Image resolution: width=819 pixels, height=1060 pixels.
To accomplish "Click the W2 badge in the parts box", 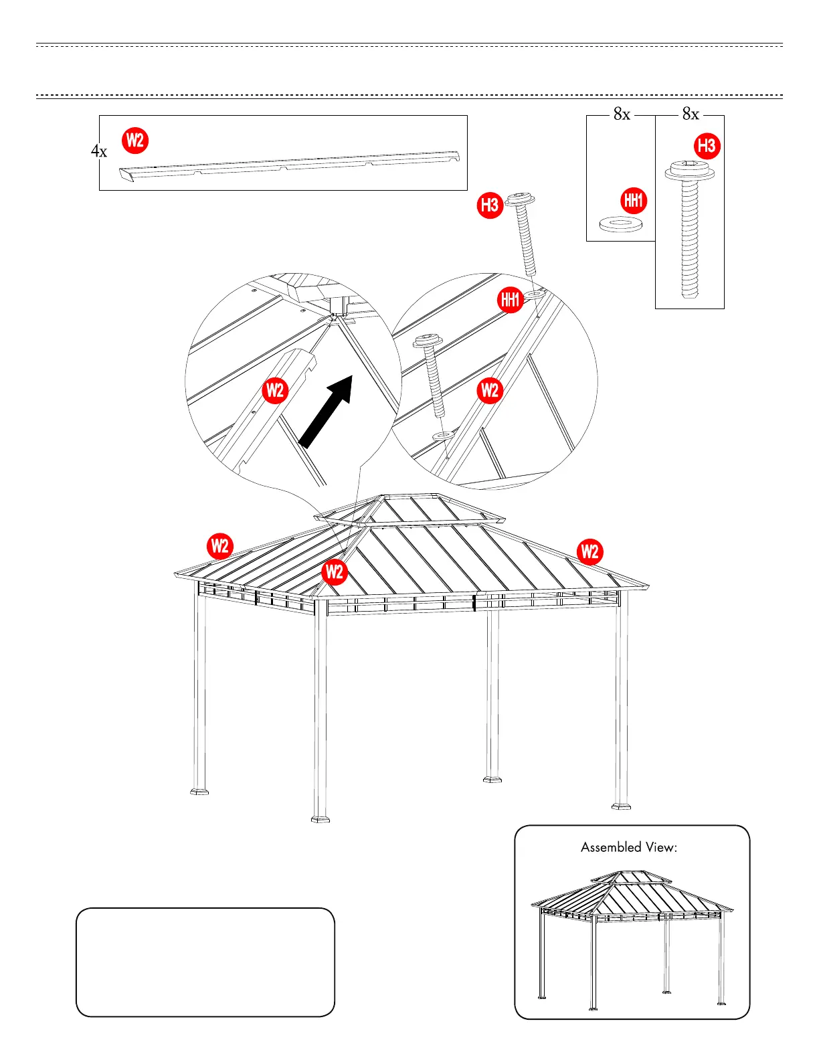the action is pos(135,141).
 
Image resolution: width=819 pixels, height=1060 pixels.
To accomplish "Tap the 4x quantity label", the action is pos(99,151).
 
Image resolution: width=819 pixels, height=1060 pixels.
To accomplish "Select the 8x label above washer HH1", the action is pos(622,114).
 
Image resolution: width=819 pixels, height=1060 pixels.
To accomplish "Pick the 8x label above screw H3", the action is pos(691,114).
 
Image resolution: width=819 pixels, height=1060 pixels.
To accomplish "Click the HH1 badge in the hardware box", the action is pos(633,200).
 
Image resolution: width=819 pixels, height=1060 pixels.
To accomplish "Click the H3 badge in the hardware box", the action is pos(707,146).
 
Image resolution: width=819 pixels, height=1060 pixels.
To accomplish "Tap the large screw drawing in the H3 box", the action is pos(690,228).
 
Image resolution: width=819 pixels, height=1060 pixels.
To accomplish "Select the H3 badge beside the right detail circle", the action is pos(490,205).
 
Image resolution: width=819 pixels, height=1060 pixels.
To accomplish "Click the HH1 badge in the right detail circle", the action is pos(511,300).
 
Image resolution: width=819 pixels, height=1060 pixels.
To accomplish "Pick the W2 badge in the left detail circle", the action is pos(275,390).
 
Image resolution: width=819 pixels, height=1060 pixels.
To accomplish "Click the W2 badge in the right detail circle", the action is pos(490,390).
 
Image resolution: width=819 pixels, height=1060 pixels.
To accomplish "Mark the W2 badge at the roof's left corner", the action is pos(219,547).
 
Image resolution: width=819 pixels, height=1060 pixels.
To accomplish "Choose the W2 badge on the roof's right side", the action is pos(589,552).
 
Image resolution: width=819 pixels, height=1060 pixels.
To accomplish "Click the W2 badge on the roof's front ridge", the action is pos(334,572).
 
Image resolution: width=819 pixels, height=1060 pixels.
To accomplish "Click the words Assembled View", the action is pos(629,847).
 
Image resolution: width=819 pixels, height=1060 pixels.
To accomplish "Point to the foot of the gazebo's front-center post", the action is pos(321,818).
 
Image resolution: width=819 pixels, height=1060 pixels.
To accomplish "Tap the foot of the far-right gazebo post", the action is pos(621,806).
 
